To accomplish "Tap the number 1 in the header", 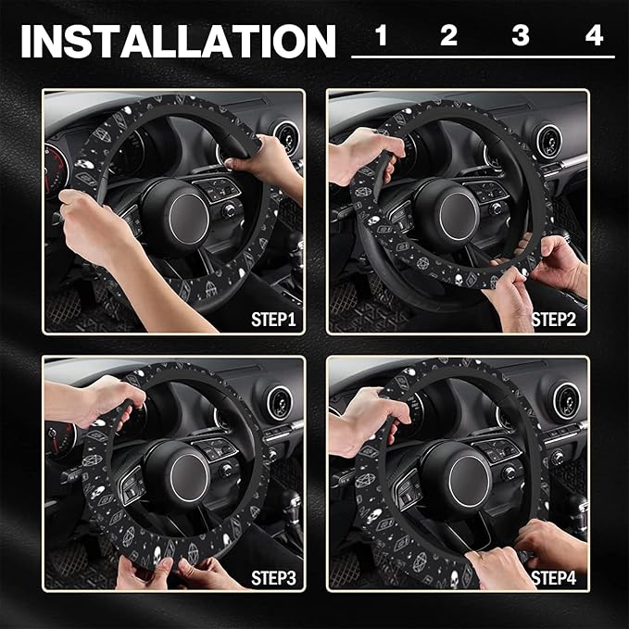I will click(381, 37).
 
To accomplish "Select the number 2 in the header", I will click(449, 37).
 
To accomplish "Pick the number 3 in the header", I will click(521, 37).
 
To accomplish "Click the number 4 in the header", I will click(594, 37).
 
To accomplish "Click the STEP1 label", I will click(275, 321).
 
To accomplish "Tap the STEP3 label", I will click(275, 578).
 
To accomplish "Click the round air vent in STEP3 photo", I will click(277, 403).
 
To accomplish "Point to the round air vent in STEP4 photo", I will click(566, 399).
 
